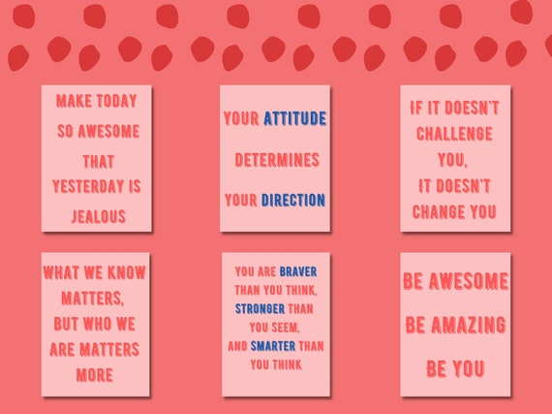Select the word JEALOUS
[97, 215]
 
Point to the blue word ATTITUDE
[294, 119]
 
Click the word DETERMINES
[275, 159]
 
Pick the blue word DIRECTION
[292, 200]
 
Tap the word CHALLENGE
[454, 134]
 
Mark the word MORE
[96, 374]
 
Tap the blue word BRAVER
[298, 271]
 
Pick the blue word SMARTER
[273, 345]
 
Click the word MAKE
[75, 101]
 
